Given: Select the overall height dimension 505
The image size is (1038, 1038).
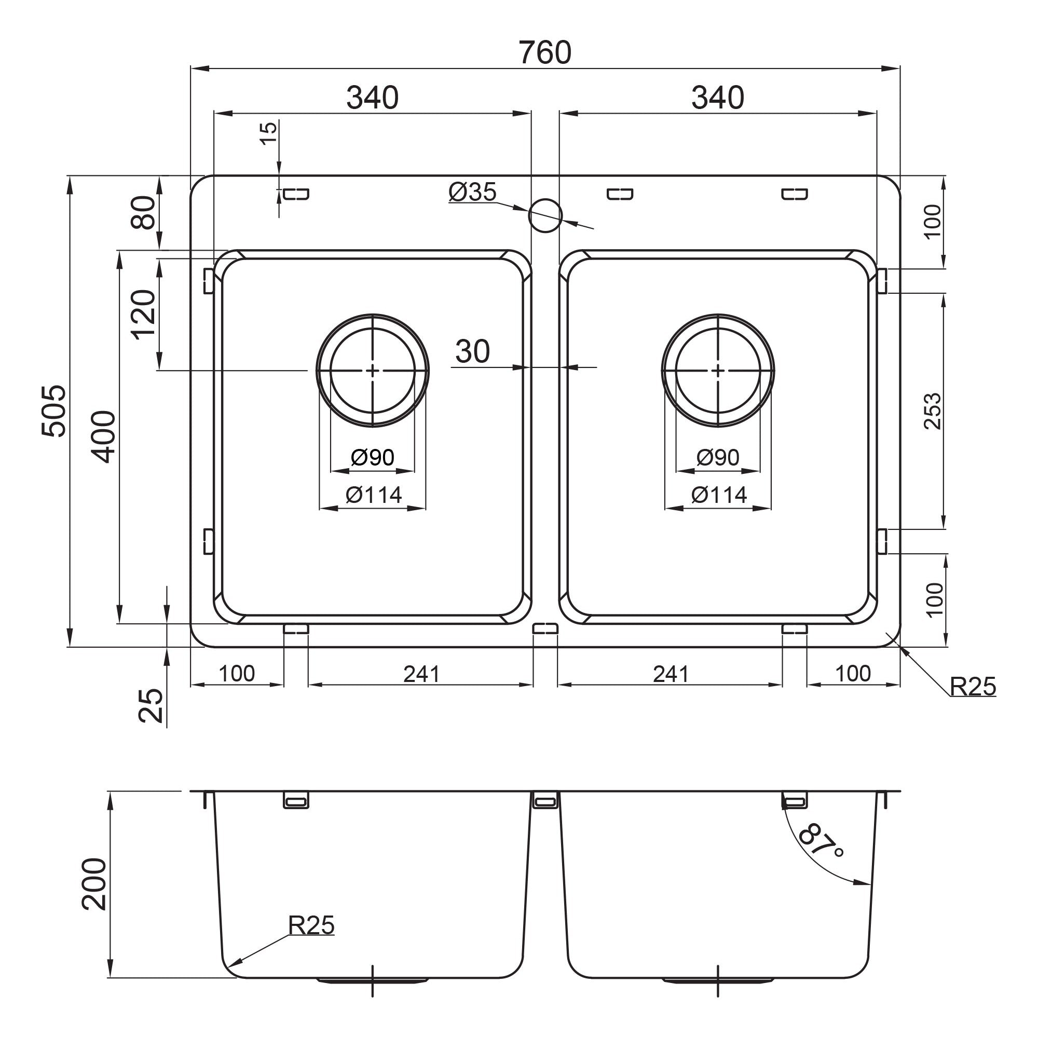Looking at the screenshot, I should coord(54,411).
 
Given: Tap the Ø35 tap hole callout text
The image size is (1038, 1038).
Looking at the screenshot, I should coord(473,192).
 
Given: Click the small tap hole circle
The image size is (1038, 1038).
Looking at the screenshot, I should coord(545,215).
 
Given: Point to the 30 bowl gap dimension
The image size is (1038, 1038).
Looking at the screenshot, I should coord(472,351).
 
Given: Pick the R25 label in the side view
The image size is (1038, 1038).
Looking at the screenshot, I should coord(311,925).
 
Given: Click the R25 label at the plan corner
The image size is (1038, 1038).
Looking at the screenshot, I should coord(973,686).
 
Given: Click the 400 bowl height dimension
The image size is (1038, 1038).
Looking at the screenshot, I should coord(103,437).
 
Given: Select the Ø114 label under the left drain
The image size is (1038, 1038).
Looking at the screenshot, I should coord(373,495).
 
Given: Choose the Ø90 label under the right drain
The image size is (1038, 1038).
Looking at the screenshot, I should coord(718,457).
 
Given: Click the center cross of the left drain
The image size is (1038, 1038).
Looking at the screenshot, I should coord(373,371).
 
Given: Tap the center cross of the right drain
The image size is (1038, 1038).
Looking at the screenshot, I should coord(718,371).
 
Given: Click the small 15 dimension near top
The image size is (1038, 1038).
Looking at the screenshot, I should coord(269,133).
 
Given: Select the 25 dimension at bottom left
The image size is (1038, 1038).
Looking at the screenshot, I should coord(151,705).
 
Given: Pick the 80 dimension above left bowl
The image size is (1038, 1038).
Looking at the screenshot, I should coord(143,213).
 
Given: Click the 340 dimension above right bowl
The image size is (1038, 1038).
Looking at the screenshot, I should coord(718,98).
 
